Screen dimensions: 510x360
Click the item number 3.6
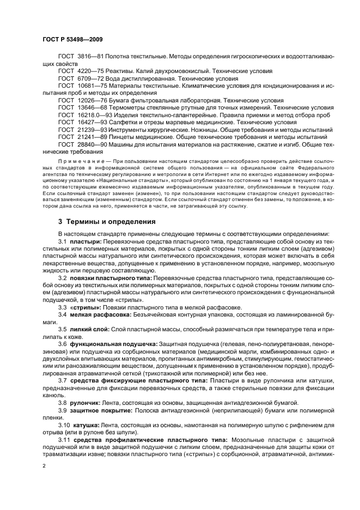[x=62, y=344]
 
